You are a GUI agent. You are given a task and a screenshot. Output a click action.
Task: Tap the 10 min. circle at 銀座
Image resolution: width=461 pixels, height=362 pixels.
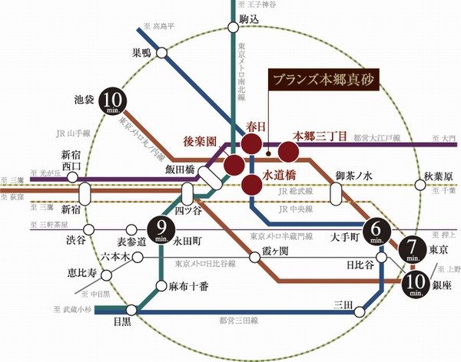tap(415, 284)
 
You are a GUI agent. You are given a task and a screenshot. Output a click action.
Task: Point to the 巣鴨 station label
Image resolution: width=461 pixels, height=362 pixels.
tap(142, 54)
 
